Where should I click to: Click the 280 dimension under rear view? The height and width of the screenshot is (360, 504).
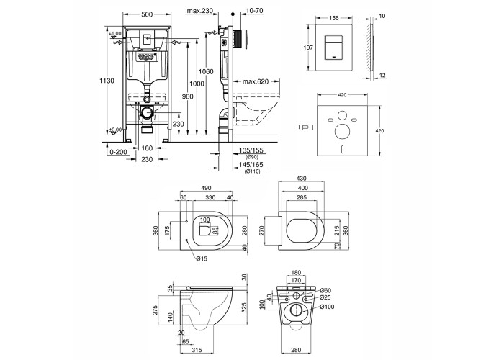295,349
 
